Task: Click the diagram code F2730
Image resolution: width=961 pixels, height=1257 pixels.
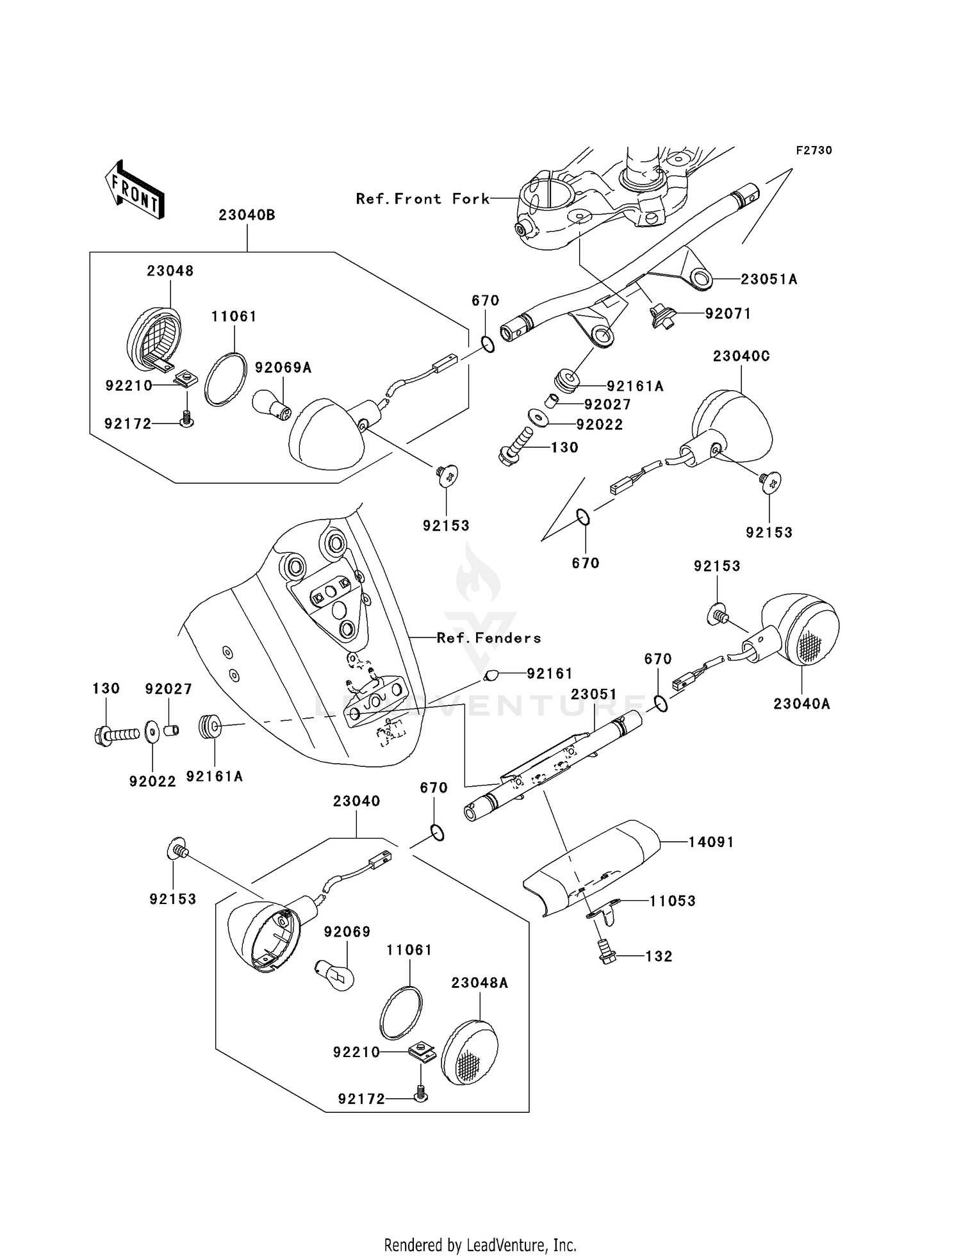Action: pos(814,151)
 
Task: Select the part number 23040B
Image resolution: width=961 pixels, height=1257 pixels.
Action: pos(247,215)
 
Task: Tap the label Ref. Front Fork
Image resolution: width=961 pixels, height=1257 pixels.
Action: pos(423,199)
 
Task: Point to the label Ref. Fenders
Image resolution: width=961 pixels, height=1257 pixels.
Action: pos(489,638)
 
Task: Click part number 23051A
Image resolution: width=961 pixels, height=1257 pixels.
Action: pos(769,279)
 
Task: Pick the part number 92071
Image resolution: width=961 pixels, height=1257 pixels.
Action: pos(728,314)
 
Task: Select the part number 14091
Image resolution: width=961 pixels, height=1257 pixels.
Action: pos(710,842)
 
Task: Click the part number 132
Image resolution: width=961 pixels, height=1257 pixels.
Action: pos(659,957)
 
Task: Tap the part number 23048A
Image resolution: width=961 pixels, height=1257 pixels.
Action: pos(479,983)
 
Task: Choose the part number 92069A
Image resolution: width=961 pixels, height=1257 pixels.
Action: pos(283,368)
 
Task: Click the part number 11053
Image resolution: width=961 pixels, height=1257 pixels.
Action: pos(672,901)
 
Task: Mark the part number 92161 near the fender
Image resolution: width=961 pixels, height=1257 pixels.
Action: pos(549,673)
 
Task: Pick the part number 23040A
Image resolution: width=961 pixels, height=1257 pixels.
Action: pos(801,703)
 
